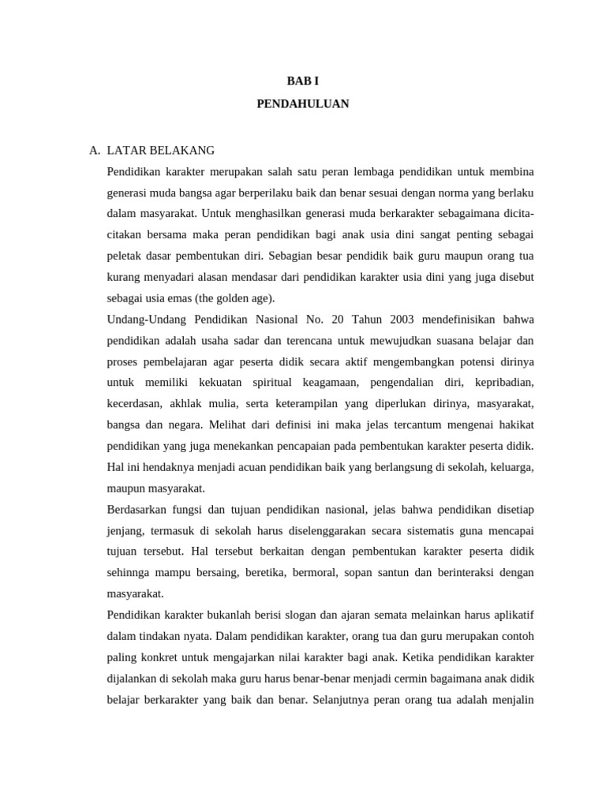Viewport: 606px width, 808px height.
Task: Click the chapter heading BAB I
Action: coord(302,81)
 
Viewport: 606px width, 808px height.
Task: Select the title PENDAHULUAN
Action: coord(302,103)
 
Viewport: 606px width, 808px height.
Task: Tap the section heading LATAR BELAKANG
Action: coord(160,150)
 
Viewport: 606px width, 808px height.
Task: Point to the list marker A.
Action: coord(95,150)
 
